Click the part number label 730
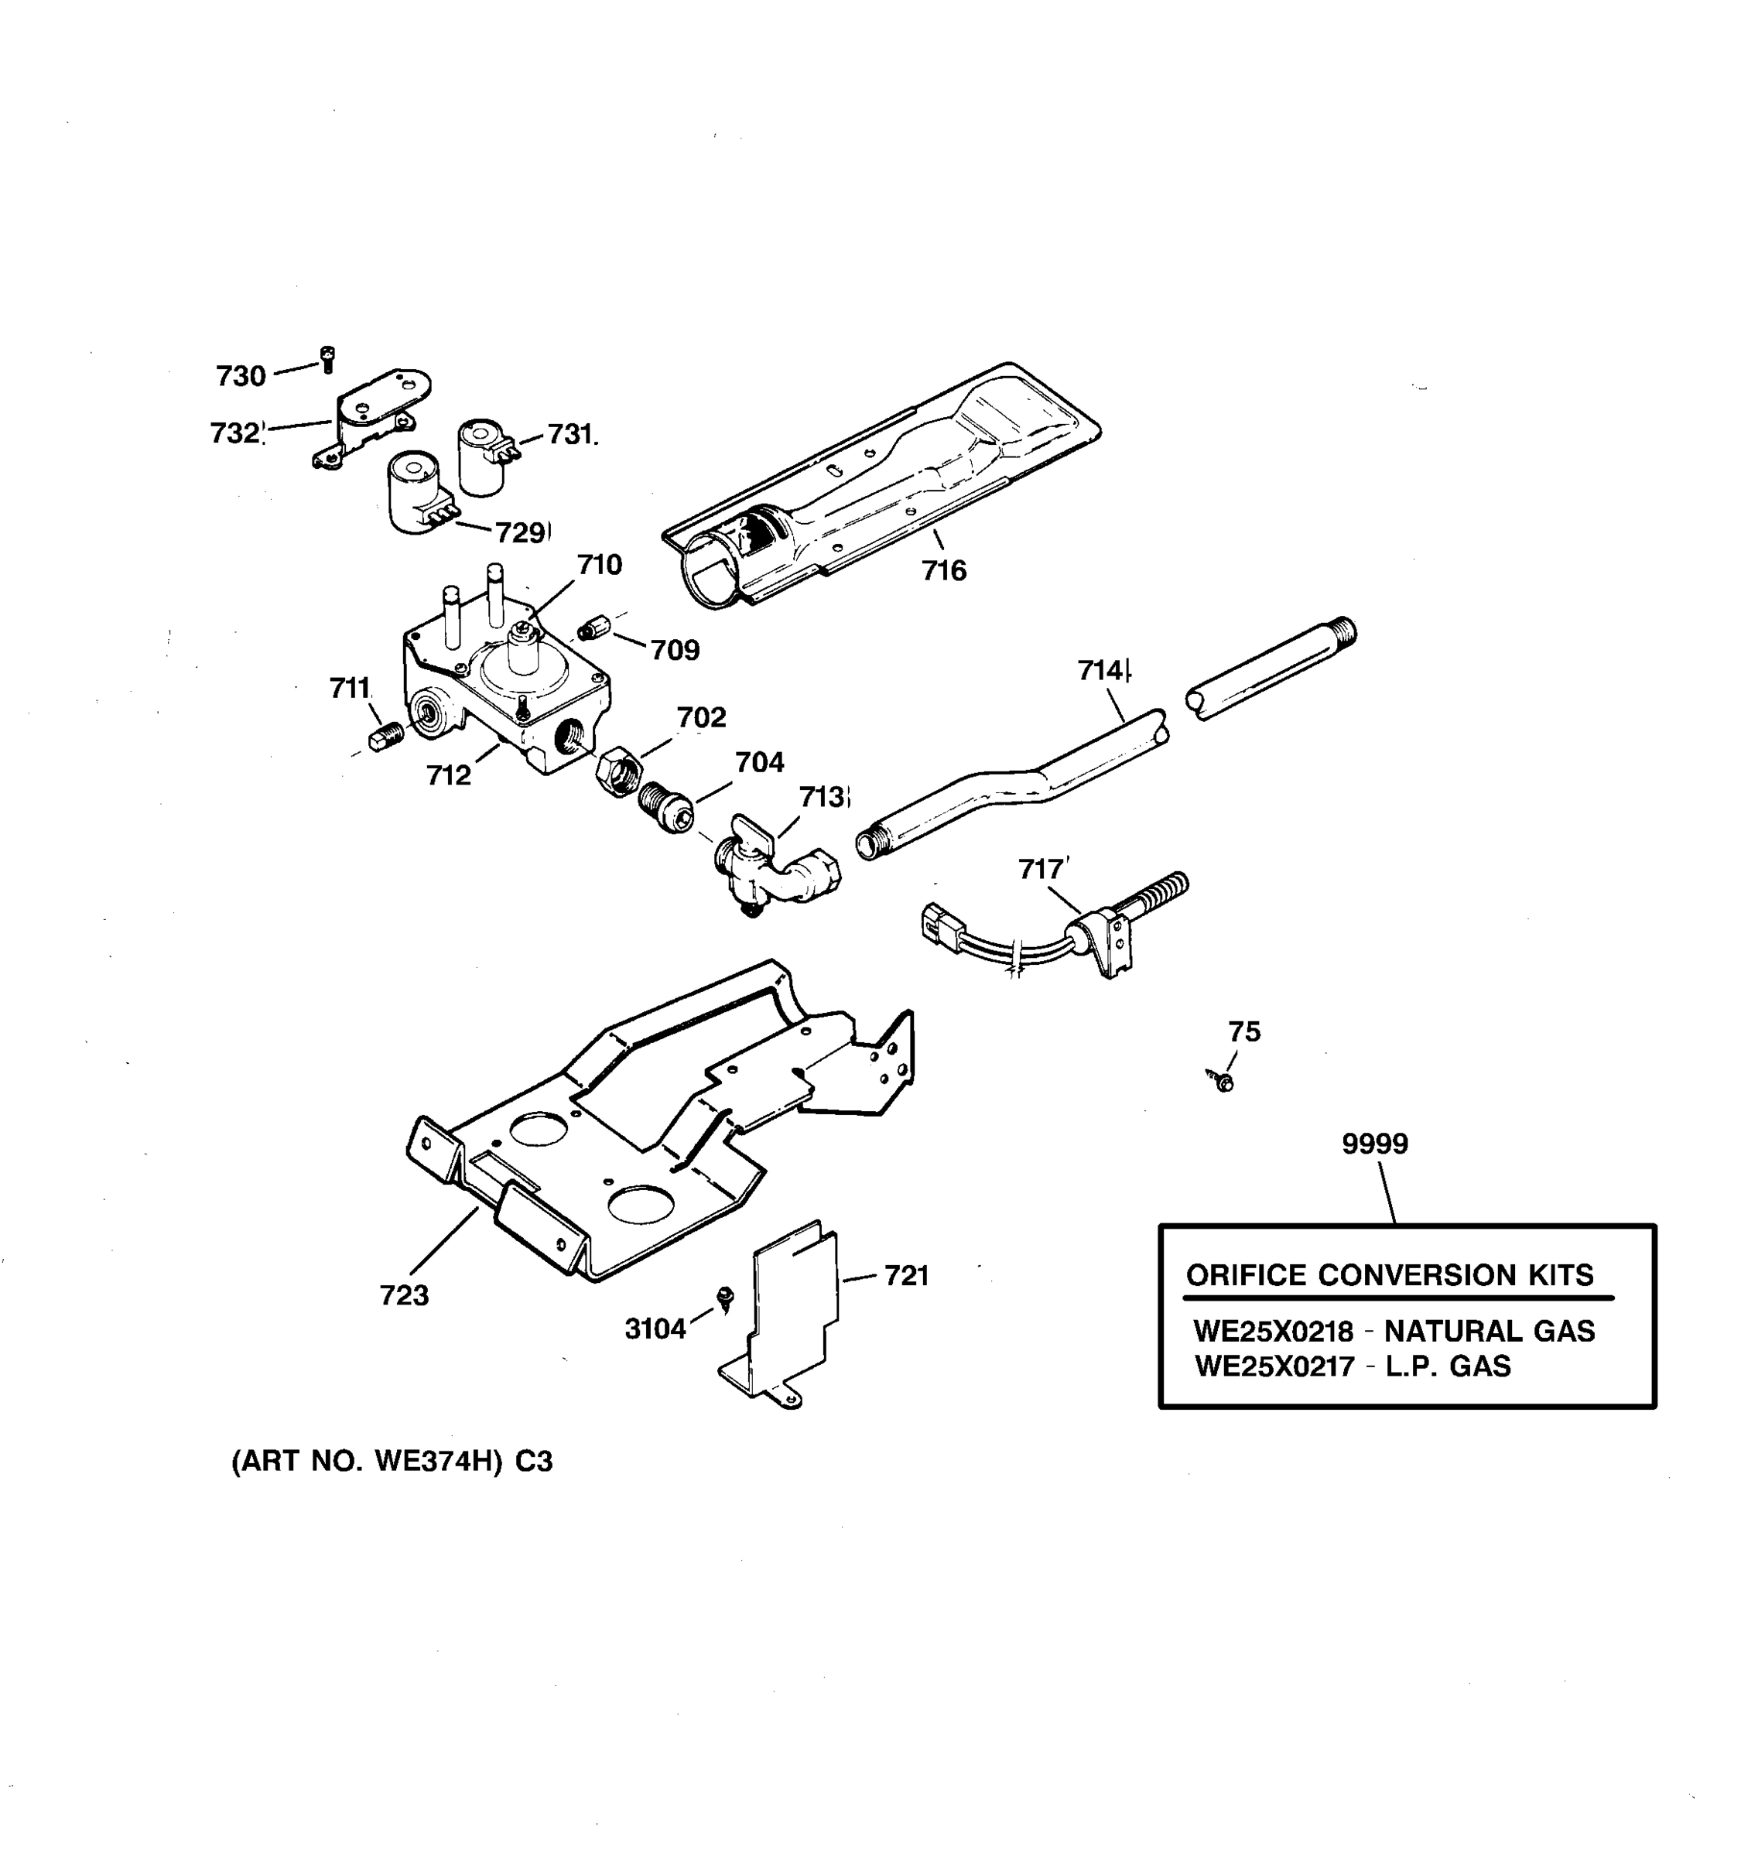coord(241,377)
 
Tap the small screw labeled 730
coord(327,359)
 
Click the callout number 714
coord(1101,671)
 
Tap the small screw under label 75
coord(1222,1081)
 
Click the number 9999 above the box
coord(1375,1144)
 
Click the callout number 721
coord(905,1276)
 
